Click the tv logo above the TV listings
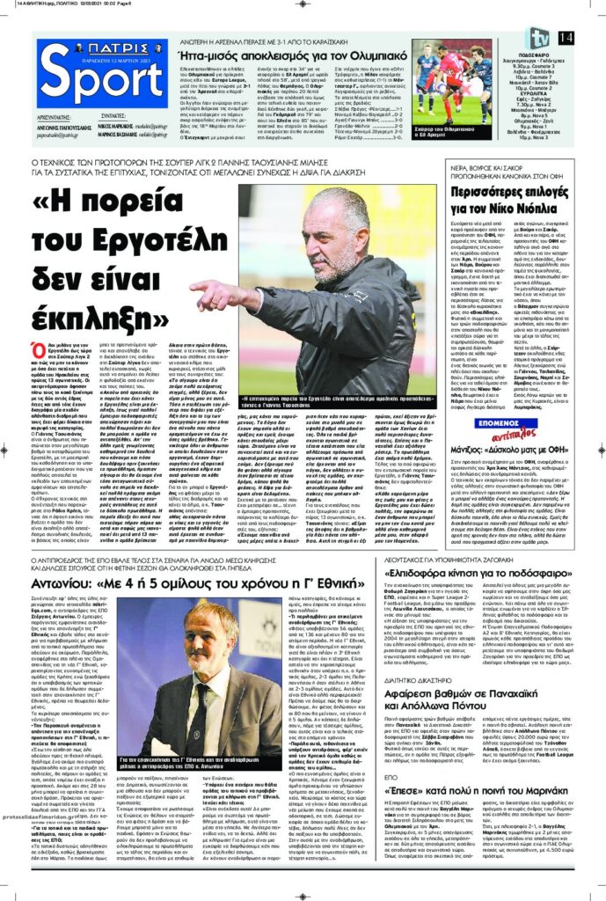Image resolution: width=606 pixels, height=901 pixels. tap(538, 38)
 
